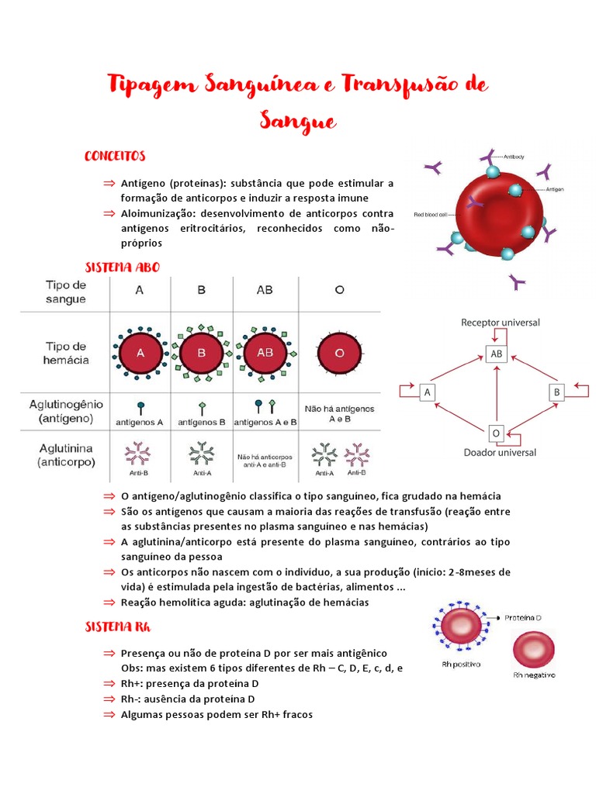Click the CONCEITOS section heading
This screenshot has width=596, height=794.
coord(115,156)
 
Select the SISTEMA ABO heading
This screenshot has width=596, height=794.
coord(122,267)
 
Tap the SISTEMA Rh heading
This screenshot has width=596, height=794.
coord(117,627)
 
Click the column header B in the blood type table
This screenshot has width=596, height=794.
coord(202,290)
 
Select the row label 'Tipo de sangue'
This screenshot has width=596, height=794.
coord(65,292)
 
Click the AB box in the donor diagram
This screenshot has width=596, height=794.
coord(496,354)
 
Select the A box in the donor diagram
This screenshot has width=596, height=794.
coord(426,392)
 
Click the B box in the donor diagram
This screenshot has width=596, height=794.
coord(556,392)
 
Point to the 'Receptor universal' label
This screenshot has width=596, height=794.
coord(501,322)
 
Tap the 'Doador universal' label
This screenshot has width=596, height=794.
coord(500,452)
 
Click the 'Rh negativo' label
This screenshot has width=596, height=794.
coord(534,675)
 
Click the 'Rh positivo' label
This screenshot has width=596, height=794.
coord(461,665)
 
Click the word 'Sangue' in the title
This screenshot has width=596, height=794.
coord(298,122)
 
